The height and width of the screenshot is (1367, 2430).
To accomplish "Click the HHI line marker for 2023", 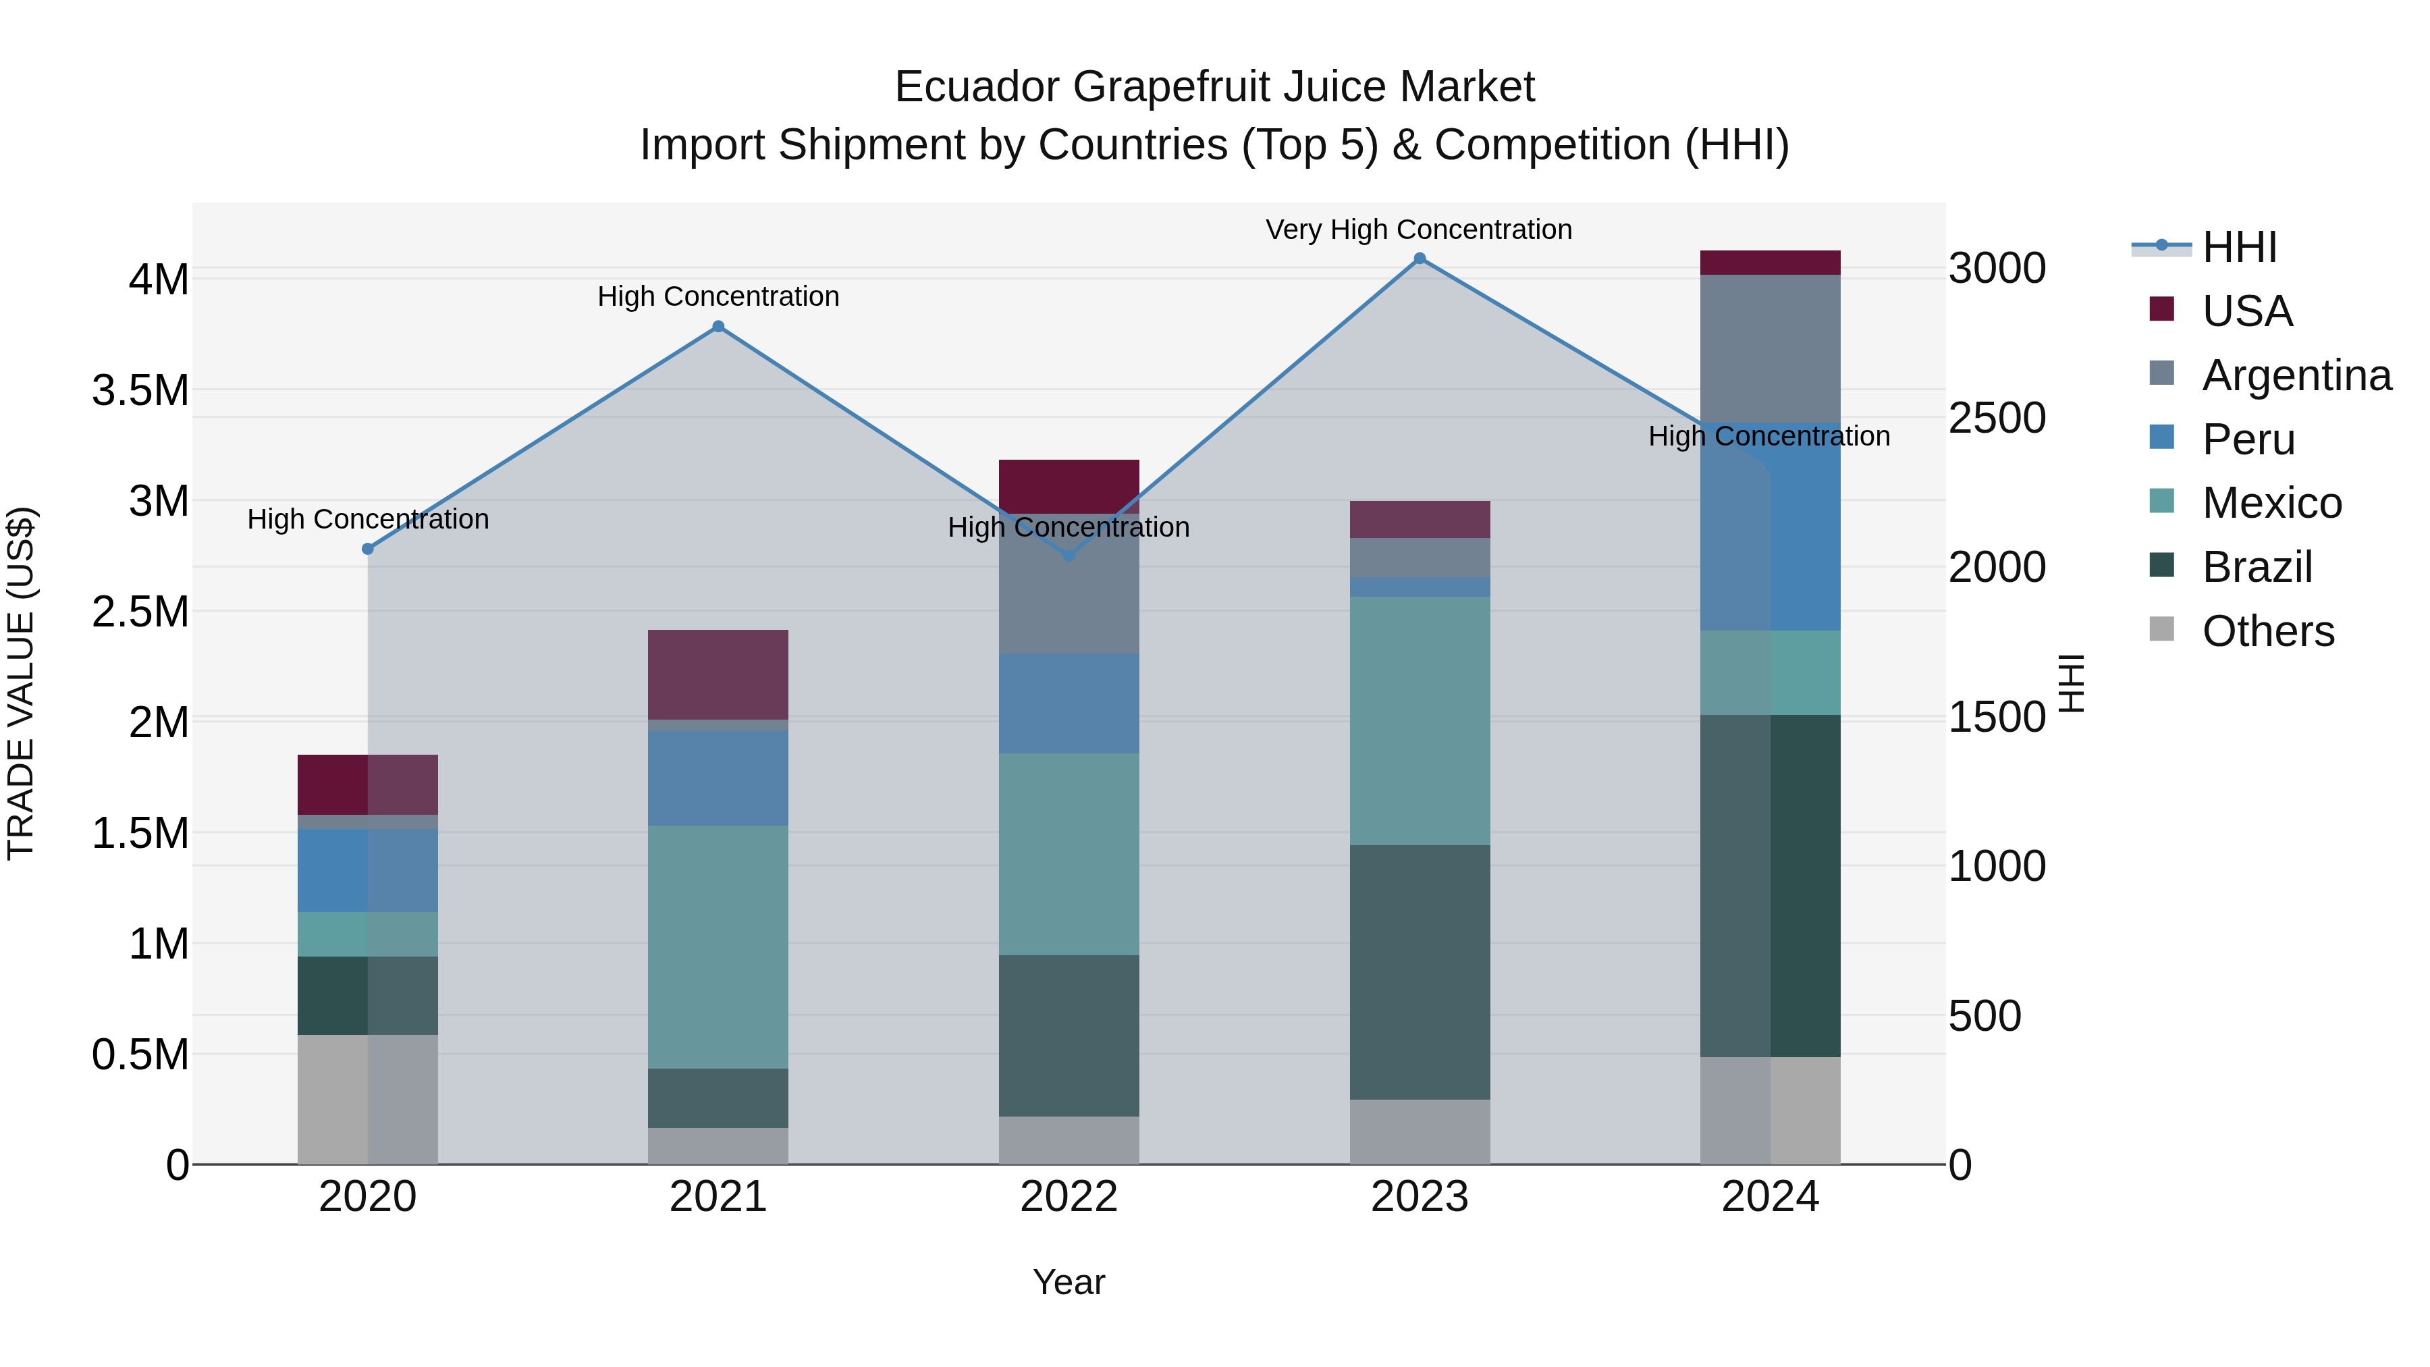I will pos(1419,259).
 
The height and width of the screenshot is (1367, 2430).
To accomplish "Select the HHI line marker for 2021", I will pos(718,327).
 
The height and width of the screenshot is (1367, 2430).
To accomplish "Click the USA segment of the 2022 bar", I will pos(1069,485).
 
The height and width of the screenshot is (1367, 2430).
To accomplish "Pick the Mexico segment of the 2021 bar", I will pos(718,946).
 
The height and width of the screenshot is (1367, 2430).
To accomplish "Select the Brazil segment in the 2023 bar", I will pos(1419,971).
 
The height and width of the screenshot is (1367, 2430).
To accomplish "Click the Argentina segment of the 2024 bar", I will pos(1770,349).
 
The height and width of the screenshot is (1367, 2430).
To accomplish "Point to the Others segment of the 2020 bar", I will pos(368,1099).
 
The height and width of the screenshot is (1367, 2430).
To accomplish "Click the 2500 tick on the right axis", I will pos(1997,418).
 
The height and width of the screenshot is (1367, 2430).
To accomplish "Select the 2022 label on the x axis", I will pos(1069,1197).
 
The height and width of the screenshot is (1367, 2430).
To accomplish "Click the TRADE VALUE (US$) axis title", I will pos(22,683).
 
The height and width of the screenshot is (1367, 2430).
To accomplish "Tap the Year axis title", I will pos(1069,1282).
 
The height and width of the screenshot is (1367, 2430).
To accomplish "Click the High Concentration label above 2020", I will pos(368,519).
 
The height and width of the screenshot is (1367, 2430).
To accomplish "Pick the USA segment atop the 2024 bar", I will pos(1770,263).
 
